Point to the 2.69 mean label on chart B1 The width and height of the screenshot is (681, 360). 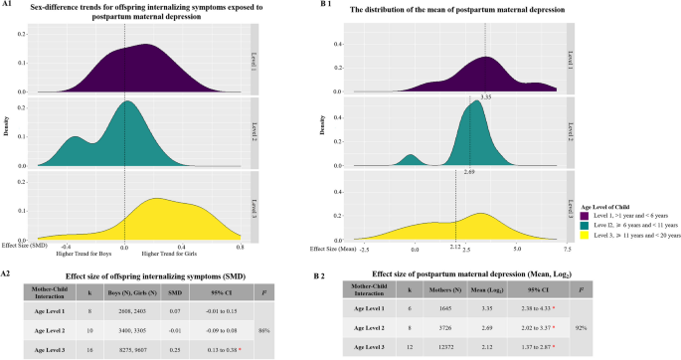point(469,171)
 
